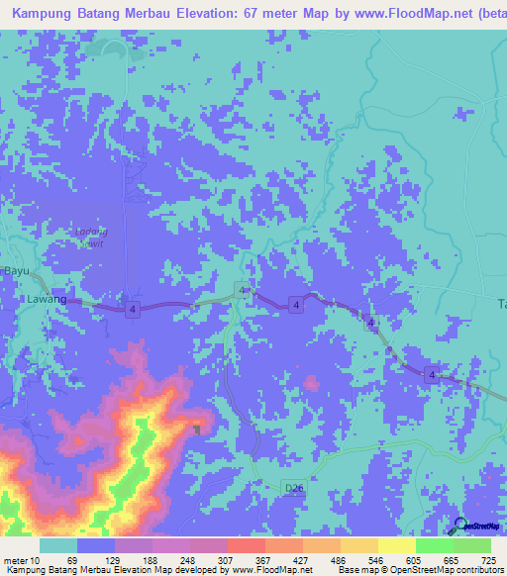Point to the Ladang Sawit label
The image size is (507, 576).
pos(90,237)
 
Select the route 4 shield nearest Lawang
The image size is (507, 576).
pos(132,310)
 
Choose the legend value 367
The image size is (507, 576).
pos(262,561)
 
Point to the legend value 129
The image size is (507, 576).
pos(112,561)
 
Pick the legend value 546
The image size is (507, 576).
pos(377,561)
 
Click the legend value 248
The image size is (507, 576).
pos(188,561)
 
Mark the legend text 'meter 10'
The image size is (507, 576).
pos(22,561)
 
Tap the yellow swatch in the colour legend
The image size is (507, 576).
pos(396,545)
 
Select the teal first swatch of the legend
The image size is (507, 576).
pos(58,545)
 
